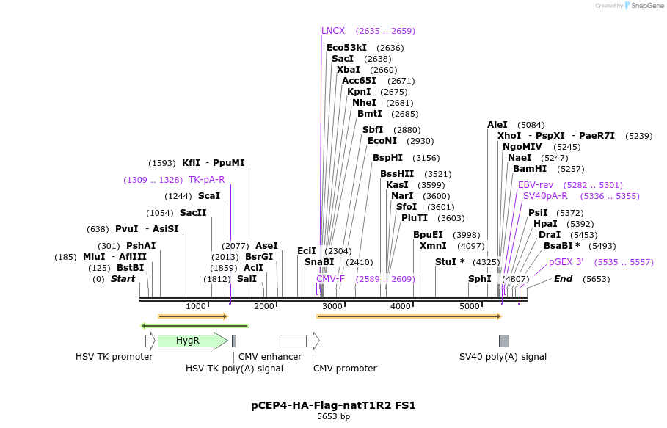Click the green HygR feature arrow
(192, 341)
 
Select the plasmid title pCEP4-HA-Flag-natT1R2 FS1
(333, 405)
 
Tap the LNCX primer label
(333, 31)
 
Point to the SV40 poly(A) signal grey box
(504, 341)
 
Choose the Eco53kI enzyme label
(346, 48)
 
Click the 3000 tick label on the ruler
(332, 306)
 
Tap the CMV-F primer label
(330, 279)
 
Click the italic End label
(563, 279)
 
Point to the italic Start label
(123, 279)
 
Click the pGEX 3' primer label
(566, 262)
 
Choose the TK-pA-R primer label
(206, 180)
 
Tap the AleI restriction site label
(497, 125)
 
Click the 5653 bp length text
(333, 417)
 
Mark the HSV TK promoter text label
(114, 357)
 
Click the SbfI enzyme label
(373, 130)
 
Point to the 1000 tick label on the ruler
(196, 306)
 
